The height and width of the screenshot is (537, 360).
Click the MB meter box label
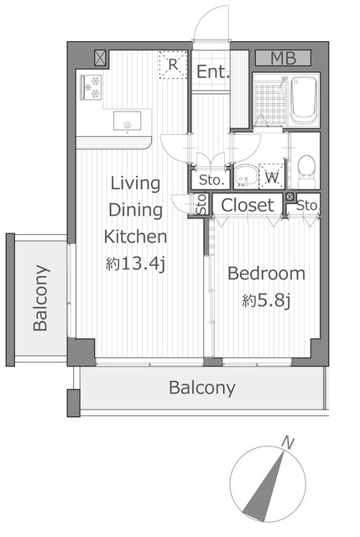[x=284, y=58]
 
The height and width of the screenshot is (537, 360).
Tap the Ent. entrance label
[x=212, y=71]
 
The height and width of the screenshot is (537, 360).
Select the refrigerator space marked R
[x=173, y=65]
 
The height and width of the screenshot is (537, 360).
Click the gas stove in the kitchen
[x=91, y=87]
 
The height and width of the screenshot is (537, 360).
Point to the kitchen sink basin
[x=127, y=121]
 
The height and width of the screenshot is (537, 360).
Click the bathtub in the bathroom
[x=304, y=100]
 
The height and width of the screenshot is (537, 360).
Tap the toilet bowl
[x=306, y=167]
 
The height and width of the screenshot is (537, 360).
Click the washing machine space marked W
[x=272, y=176]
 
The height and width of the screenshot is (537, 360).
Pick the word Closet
[x=248, y=205]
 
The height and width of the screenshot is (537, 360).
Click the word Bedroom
[x=266, y=274]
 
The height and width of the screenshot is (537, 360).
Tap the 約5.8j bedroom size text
[x=266, y=300]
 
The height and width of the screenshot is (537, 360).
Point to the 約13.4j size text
[x=136, y=263]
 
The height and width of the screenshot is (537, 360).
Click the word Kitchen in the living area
[x=135, y=237]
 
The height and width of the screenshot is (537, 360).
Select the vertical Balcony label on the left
[x=40, y=298]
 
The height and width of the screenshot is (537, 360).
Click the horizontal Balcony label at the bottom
[x=202, y=388]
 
